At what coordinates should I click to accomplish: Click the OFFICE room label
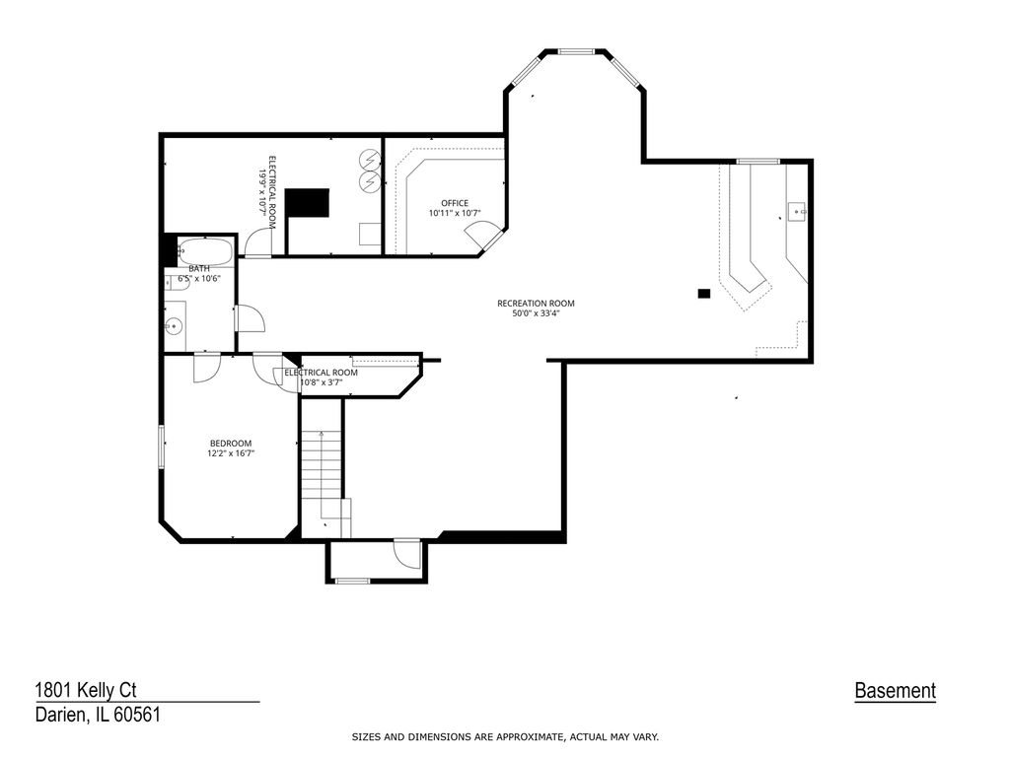[455, 203]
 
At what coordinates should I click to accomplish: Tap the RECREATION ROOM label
[536, 304]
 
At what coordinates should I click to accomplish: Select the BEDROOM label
[231, 443]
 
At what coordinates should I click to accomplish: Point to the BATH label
[199, 268]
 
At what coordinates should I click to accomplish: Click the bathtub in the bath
[205, 251]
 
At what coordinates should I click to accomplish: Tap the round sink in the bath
[174, 326]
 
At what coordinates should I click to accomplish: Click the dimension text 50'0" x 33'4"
[536, 313]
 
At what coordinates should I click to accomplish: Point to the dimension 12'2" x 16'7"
[231, 453]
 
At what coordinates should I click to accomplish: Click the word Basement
[895, 691]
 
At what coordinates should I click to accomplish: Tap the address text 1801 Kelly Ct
[86, 691]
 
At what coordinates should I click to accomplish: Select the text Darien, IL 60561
[98, 715]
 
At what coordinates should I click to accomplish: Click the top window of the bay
[576, 51]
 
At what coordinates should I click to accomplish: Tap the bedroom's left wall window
[162, 446]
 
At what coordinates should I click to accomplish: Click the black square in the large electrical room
[308, 203]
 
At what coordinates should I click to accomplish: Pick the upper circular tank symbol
[370, 159]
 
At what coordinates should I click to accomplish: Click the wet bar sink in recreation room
[797, 211]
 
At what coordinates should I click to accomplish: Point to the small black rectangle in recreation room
[704, 294]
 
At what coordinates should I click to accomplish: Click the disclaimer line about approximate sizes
[505, 737]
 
